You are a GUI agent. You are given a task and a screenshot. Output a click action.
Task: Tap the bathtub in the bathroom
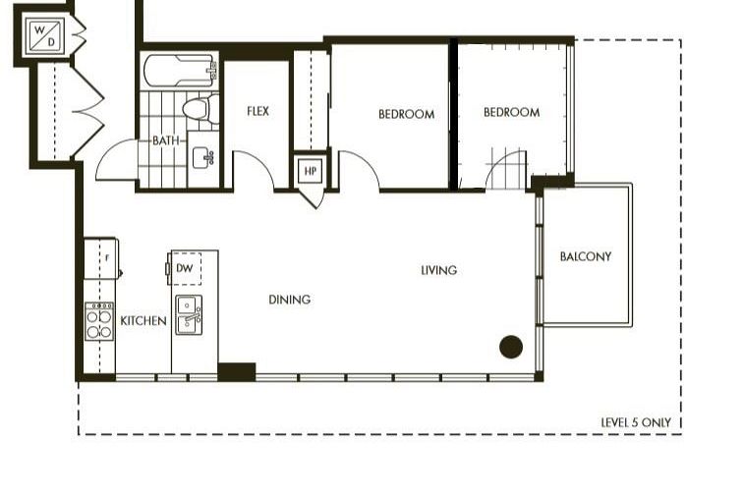pyautogui.click(x=180, y=71)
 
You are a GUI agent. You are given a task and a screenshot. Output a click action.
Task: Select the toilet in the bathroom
pyautogui.click(x=198, y=107)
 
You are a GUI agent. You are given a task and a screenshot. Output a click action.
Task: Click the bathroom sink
pyautogui.click(x=205, y=158)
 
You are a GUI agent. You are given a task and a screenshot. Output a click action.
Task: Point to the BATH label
pyautogui.click(x=166, y=140)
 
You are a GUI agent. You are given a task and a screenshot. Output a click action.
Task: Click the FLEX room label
pyautogui.click(x=258, y=112)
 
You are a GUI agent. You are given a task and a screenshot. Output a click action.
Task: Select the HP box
pyautogui.click(x=311, y=171)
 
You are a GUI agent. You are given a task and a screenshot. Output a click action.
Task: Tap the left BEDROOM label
pyautogui.click(x=406, y=114)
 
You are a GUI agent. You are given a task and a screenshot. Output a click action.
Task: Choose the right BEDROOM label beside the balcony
pyautogui.click(x=511, y=113)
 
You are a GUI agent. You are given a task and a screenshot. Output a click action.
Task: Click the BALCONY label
pyautogui.click(x=586, y=257)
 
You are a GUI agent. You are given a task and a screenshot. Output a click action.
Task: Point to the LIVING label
pyautogui.click(x=438, y=270)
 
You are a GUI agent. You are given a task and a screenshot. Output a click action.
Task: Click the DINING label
pyautogui.click(x=289, y=300)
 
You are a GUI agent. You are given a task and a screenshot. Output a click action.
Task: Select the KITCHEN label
pyautogui.click(x=143, y=321)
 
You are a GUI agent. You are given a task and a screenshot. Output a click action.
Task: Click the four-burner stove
pyautogui.click(x=99, y=321)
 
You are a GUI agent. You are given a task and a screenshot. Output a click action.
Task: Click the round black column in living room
pyautogui.click(x=510, y=346)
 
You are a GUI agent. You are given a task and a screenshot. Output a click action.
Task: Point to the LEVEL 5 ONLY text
pyautogui.click(x=636, y=422)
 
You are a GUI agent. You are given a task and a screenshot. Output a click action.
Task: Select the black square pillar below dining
pyautogui.click(x=236, y=371)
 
